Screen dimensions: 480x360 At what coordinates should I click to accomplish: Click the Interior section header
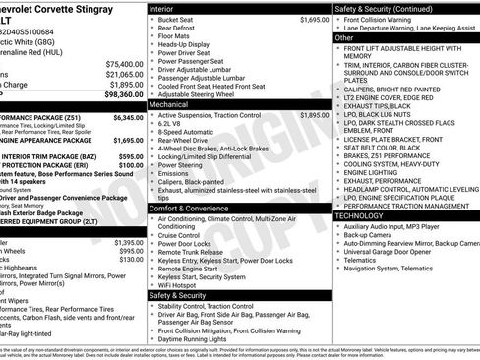[x=168, y=8]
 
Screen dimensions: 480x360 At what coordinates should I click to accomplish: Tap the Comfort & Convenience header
[x=195, y=209]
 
